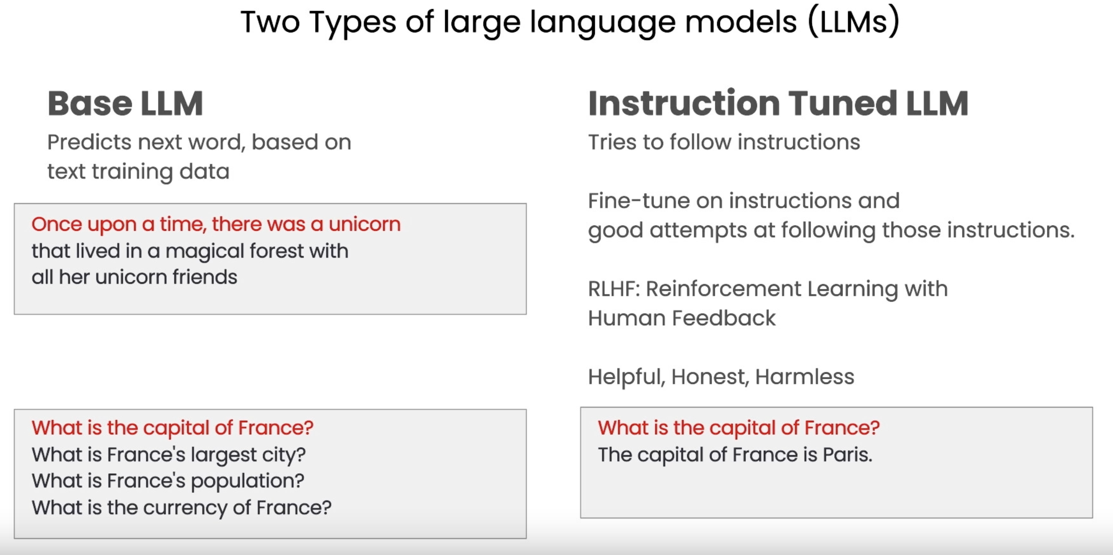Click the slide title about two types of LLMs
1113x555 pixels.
click(570, 22)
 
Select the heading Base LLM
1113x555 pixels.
click(125, 104)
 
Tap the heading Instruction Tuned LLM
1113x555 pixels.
click(778, 104)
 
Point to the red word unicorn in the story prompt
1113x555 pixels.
click(365, 224)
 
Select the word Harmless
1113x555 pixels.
click(805, 377)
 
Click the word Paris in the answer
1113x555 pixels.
click(847, 454)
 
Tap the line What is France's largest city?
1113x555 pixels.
click(169, 455)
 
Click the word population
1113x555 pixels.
click(247, 481)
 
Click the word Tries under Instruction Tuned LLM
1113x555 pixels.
click(612, 142)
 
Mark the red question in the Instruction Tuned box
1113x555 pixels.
click(738, 428)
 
